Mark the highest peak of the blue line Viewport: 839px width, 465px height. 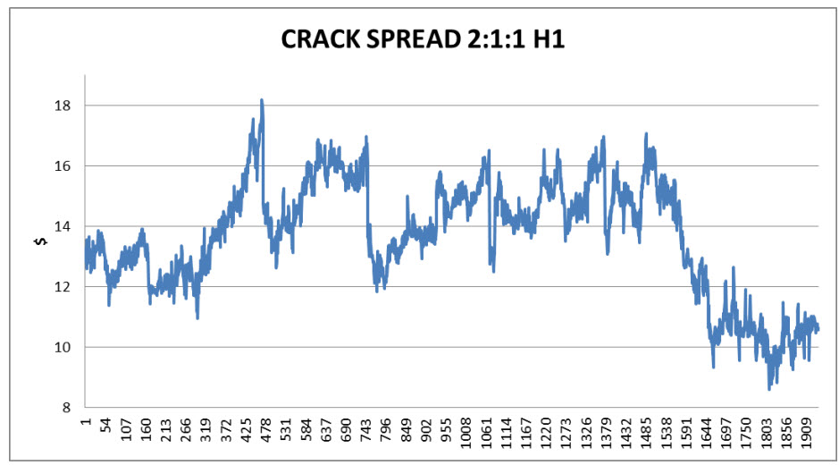(x=262, y=100)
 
